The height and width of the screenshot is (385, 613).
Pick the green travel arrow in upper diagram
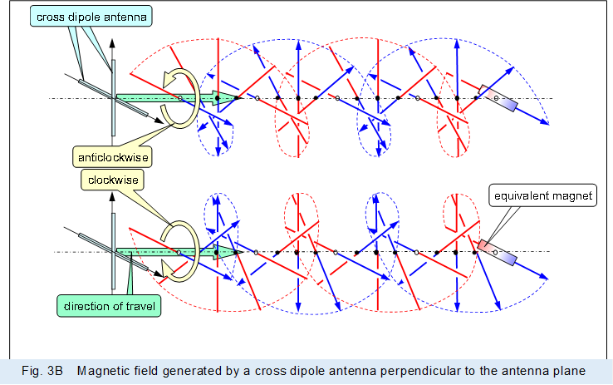coord(166,98)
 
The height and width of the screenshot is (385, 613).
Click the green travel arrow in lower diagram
coord(166,251)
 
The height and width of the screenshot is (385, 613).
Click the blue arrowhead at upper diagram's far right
coord(547,122)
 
